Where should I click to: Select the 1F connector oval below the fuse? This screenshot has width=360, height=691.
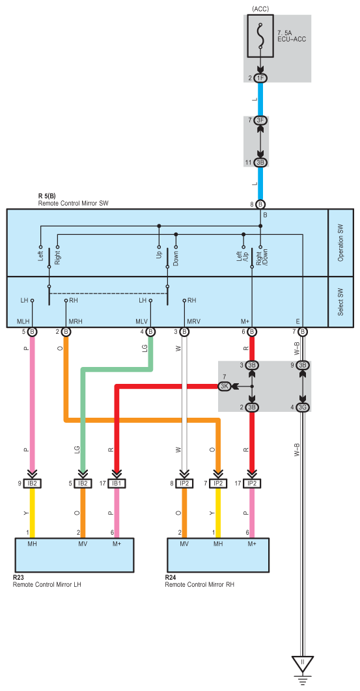(260, 79)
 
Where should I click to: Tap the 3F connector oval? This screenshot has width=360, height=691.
(260, 120)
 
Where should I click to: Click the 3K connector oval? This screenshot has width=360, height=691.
(225, 386)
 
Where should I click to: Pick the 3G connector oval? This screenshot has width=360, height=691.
(303, 407)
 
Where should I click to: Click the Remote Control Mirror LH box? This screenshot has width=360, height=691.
(74, 555)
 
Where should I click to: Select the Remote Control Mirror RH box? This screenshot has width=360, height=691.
(218, 555)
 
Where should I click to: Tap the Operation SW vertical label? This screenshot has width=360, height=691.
(340, 243)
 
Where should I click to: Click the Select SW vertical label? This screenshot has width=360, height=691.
(340, 302)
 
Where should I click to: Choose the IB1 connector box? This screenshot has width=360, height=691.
(117, 483)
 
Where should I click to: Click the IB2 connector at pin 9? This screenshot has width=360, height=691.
(32, 483)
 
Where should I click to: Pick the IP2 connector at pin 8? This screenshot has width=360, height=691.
(184, 483)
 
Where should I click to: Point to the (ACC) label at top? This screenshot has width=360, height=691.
(260, 9)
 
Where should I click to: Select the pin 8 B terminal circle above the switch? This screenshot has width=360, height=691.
(260, 204)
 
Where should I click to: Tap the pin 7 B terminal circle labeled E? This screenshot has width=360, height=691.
(303, 331)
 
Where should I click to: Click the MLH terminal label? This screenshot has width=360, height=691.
(23, 321)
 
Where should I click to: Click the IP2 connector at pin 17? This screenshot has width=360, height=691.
(252, 483)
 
